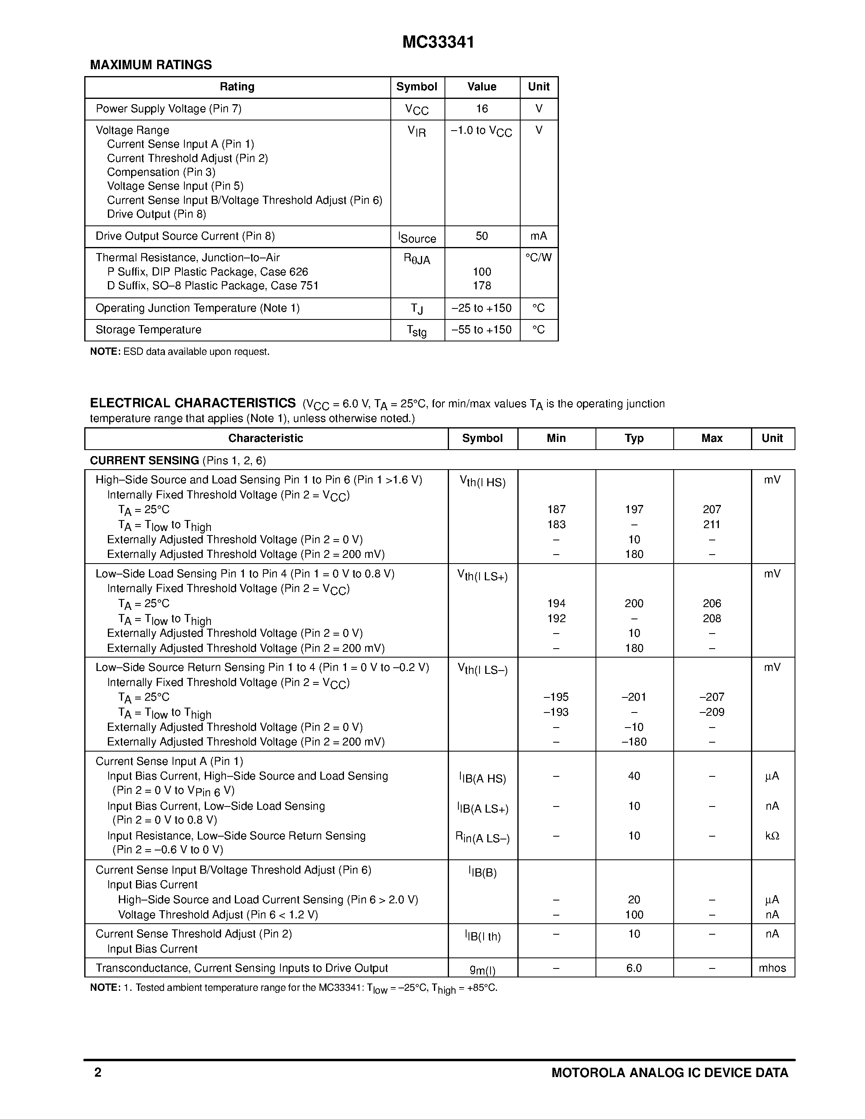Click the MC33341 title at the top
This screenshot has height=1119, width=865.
pos(438,42)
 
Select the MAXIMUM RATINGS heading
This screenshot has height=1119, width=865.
pos(151,65)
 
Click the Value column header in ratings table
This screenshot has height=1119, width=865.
pos(482,87)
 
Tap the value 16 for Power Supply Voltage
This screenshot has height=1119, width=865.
pos(482,109)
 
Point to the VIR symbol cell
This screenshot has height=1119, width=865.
pos(416,132)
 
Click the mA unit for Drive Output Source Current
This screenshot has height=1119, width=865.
pos(539,236)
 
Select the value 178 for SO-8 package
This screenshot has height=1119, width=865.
pos(482,286)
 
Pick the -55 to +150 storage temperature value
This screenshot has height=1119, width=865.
pos(481,330)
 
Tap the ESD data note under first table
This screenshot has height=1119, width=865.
pos(180,352)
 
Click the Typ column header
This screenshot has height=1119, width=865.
pos(634,439)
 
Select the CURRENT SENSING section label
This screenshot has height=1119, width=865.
pos(145,461)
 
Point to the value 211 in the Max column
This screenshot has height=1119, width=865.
pos(712,525)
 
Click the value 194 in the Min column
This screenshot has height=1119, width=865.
pos(556,603)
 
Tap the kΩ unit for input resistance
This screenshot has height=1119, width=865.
pos(772,836)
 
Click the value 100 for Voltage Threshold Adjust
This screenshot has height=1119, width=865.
pos(634,915)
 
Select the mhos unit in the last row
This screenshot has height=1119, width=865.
pos(772,968)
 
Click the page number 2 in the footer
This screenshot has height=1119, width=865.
pos(98,1072)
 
